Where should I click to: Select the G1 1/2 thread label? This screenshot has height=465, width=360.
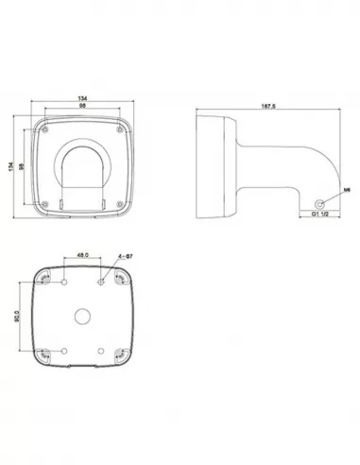pyautogui.click(x=321, y=214)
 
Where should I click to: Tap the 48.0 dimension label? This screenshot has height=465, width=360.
pyautogui.click(x=82, y=255)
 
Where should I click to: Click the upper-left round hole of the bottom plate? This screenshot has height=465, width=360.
pyautogui.click(x=62, y=281)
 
